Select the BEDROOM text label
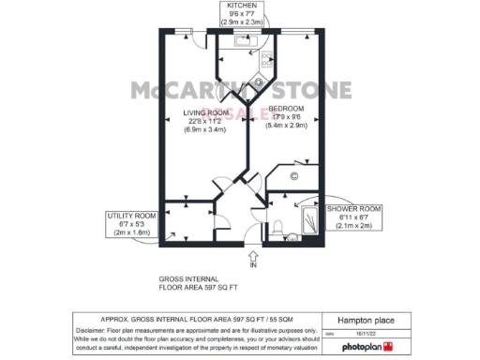click(288, 110)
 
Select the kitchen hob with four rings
click(266, 61)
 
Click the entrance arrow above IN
click(253, 254)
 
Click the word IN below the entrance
click(253, 266)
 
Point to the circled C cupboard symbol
click(293, 175)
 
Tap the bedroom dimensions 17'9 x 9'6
click(288, 117)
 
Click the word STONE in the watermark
click(312, 91)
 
